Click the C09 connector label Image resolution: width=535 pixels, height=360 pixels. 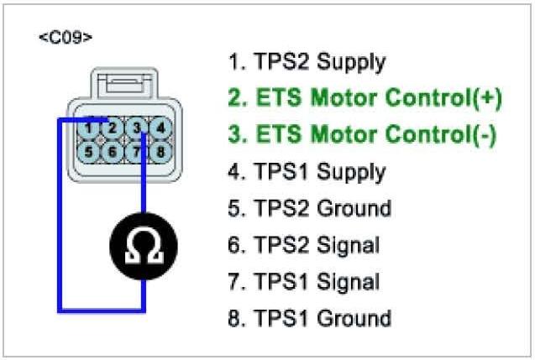66,38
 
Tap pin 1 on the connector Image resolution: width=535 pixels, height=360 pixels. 89,128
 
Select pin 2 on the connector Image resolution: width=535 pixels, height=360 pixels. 113,128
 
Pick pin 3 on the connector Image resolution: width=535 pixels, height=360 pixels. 137,128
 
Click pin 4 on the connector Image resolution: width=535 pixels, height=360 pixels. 160,128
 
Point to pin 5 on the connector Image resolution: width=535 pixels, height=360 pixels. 89,152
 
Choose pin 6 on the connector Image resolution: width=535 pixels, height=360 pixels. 113,152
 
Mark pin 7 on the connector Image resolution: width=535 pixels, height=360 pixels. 137,152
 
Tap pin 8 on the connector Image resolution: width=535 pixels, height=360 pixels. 160,152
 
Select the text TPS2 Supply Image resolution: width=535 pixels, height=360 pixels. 307,62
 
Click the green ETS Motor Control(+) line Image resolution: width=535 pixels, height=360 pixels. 365,98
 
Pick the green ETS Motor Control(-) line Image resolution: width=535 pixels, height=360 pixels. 362,135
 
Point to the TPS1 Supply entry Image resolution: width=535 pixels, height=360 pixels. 307,172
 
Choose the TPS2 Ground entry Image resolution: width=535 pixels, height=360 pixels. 309,209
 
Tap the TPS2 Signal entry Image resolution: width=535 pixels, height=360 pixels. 304,245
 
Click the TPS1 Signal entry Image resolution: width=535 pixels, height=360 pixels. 304,282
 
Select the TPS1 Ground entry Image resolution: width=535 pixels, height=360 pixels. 309,319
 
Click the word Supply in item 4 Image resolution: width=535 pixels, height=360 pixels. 351,173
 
